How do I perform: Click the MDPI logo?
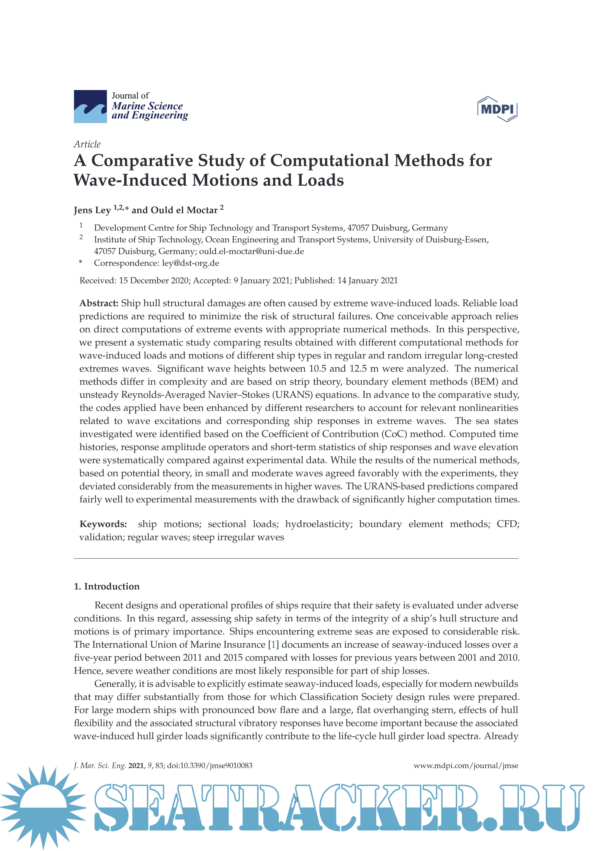coord(497,109)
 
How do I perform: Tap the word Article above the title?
coord(87,144)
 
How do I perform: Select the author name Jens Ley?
coord(92,210)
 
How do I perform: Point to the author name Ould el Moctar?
coord(184,210)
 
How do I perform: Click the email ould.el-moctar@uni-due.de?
coord(251,251)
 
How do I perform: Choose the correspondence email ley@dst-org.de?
coord(190,263)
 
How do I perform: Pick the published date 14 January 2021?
coord(367,281)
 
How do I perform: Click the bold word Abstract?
coord(99,303)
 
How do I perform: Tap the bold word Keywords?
coord(103,524)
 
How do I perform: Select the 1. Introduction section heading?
coord(107,586)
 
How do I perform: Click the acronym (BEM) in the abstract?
coord(482,382)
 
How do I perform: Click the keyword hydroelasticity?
coord(319,524)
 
